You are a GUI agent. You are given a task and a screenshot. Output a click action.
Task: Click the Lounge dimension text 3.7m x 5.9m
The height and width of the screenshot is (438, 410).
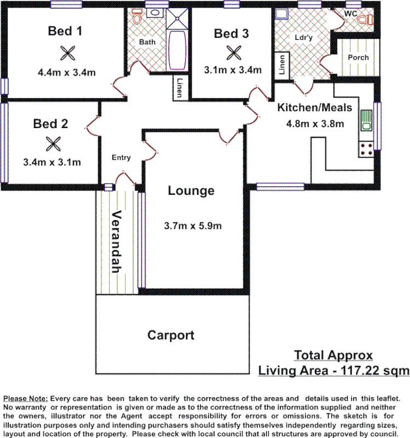click(193, 226)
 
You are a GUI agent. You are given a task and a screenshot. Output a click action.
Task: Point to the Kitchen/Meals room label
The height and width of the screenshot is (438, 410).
click(315, 107)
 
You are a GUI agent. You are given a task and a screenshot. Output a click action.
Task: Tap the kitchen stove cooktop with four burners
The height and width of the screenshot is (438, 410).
click(366, 147)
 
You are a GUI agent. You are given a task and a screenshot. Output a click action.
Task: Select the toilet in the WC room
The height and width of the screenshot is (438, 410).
click(363, 20)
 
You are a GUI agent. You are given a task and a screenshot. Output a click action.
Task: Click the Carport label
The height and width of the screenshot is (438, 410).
click(171, 335)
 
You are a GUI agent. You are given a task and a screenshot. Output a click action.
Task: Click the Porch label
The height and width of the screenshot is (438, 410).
click(358, 57)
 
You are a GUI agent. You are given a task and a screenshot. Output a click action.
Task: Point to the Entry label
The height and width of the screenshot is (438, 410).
click(121, 158)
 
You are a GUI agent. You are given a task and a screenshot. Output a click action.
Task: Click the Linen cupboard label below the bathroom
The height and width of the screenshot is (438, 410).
click(180, 88)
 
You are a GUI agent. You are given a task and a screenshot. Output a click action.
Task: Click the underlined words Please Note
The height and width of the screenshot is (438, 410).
click(26, 398)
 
